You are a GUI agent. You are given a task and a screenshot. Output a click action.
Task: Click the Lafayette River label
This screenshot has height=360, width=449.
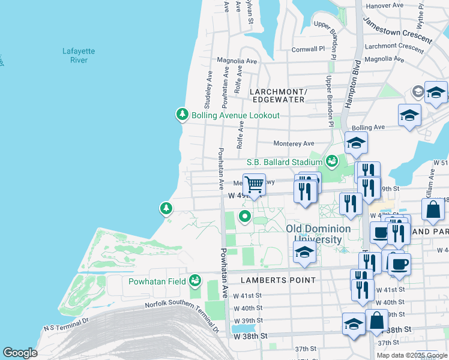coord(75,56)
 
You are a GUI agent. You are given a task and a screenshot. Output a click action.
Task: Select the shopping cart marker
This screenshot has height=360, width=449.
coord(255,184)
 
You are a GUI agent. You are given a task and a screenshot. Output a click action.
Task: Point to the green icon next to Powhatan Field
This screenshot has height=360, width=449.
coord(194,280)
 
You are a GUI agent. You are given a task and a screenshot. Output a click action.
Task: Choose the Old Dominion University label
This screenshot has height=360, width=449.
coord(318,234)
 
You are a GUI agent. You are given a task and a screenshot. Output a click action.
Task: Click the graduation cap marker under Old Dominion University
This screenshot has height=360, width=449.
coord(304,253)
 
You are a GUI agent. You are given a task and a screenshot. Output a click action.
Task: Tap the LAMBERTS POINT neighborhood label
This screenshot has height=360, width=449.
coord(278,280)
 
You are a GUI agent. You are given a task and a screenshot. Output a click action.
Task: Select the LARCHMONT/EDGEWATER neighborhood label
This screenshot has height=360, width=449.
coord(279,95)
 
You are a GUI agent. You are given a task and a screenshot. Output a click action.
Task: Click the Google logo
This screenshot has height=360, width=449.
coord(20,353)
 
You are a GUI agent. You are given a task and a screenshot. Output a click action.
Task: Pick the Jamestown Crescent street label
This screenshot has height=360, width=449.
coord(397,30)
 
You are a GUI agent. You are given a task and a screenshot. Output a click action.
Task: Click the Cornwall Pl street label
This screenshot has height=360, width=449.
coord(308,49)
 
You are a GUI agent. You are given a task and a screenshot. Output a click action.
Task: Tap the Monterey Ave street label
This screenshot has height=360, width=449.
coord(294,143)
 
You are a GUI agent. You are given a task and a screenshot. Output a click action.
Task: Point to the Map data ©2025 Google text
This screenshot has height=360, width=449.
coord(411,355)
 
